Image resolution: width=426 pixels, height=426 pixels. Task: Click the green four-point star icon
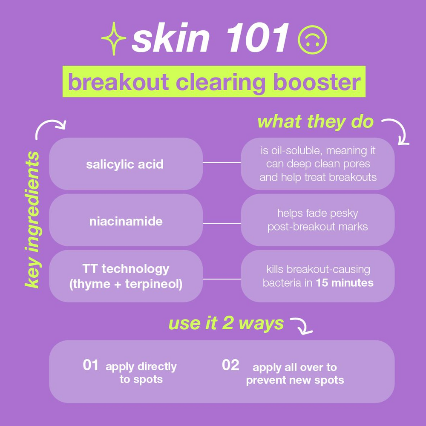114,38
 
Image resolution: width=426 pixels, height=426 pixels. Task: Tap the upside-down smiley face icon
312,40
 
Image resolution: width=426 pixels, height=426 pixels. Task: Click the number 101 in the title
257,37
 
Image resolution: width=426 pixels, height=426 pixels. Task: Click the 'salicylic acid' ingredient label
125,164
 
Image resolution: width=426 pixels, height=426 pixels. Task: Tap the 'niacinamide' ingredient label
126,222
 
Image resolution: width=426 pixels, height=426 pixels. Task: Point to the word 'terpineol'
154,284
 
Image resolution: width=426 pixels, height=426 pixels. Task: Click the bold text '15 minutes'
345,283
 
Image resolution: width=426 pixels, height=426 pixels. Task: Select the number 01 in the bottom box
90,365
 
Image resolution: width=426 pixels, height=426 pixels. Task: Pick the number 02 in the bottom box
230,365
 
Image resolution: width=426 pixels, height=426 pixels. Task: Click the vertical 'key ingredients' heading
33,219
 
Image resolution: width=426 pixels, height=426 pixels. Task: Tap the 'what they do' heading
315,122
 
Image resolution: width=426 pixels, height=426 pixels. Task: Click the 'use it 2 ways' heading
226,323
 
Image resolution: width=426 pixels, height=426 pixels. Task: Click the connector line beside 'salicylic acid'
222,162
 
